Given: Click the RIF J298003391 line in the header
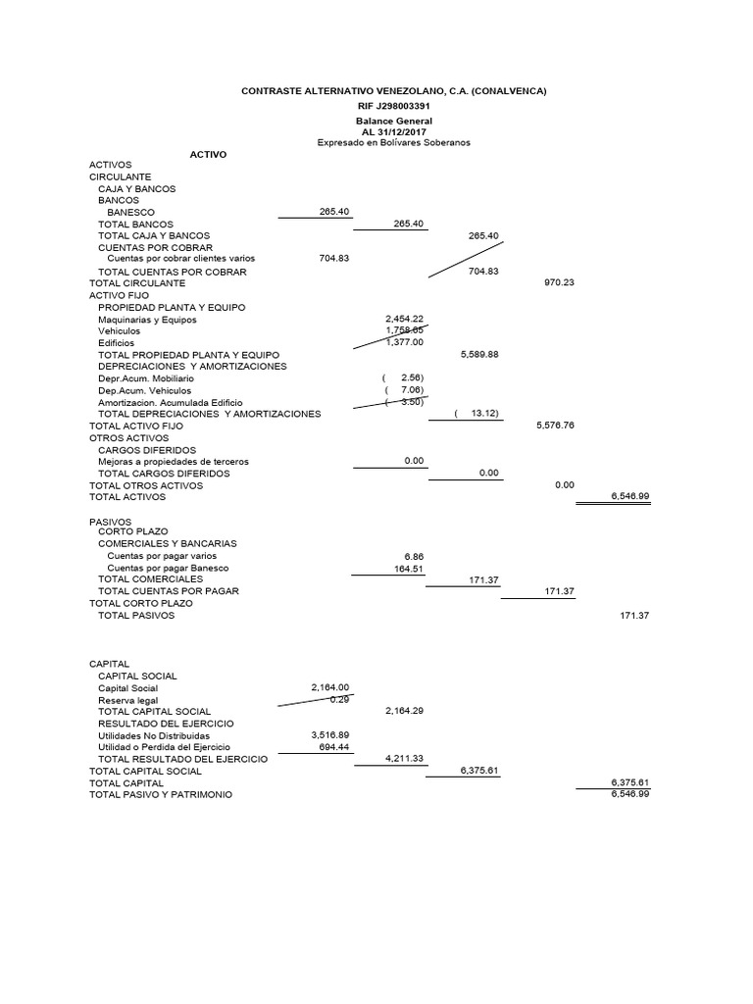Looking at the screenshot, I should coord(393,106).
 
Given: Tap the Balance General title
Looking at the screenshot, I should coord(393,121).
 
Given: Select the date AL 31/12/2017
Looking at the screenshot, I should coord(393,131).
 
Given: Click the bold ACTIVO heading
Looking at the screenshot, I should coord(208,154).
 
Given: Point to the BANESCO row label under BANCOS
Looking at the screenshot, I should coord(130,212).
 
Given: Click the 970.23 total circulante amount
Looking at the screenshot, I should coord(558,282).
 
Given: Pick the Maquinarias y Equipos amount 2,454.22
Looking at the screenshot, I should coord(404,319).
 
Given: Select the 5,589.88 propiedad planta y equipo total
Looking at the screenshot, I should coord(479,354).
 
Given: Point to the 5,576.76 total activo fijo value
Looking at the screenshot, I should coord(555,426).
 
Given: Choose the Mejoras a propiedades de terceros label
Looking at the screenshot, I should coord(174,461).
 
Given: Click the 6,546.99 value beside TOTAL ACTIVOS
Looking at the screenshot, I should coord(629,496).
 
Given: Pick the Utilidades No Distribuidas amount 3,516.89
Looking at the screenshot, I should coord(329,734).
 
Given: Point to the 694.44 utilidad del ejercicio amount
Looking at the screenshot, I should coord(333,746).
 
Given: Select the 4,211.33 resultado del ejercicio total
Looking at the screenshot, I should coord(404,758).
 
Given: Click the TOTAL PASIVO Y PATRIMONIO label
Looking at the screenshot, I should coord(161,794).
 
